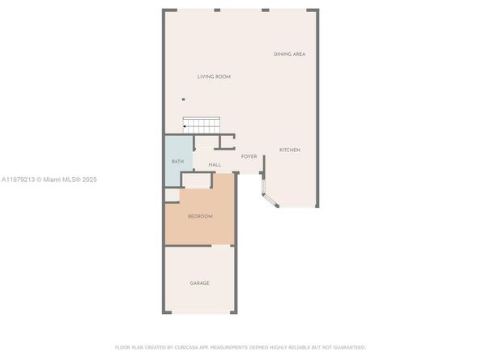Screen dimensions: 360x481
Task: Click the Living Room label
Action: click(x=214, y=77)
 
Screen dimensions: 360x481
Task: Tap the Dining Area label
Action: click(x=289, y=54)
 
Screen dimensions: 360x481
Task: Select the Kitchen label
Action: click(x=290, y=150)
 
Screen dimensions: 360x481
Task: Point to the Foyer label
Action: click(x=249, y=156)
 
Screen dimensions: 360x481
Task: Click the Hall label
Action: click(x=215, y=165)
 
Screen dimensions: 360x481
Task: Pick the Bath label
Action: click(x=177, y=162)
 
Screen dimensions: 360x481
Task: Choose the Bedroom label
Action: click(x=200, y=216)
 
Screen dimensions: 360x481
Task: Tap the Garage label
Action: click(x=199, y=283)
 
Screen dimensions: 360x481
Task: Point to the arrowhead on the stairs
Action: click(x=185, y=125)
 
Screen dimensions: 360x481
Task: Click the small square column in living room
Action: click(x=183, y=100)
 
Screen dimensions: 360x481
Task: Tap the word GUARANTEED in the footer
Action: click(x=348, y=346)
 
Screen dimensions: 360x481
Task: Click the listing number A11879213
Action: click(x=18, y=180)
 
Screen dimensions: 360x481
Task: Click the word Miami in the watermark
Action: click(x=53, y=180)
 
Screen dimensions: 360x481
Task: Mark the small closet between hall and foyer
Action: click(x=226, y=142)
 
